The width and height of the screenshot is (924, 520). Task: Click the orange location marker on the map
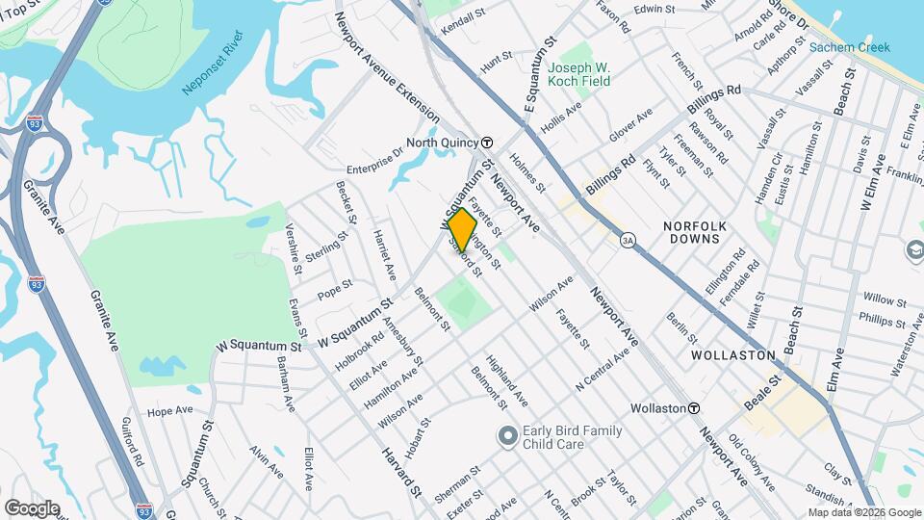tap(463, 230)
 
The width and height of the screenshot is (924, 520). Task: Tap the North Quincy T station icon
tap(487, 142)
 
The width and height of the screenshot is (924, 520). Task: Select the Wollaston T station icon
tap(693, 408)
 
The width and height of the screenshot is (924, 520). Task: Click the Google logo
tap(32, 507)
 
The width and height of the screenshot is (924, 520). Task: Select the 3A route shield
tap(629, 239)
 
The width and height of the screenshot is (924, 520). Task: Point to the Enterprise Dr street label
tap(370, 153)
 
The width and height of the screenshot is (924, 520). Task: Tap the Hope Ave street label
tap(170, 411)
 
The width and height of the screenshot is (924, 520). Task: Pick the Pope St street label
tap(335, 287)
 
